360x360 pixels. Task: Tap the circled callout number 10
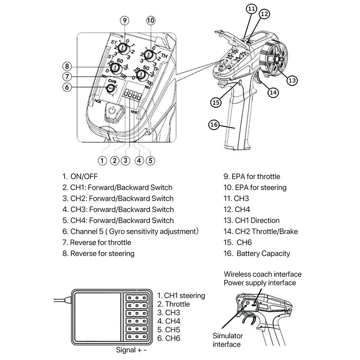pos(150,21)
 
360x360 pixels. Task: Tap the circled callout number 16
pos(214,125)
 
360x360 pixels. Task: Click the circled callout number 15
pos(216,102)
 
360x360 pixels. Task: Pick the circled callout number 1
pos(103,160)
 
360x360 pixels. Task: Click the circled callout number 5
pos(150,160)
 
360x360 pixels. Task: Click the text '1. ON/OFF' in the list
pos(80,176)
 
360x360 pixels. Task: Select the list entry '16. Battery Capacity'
pos(257,253)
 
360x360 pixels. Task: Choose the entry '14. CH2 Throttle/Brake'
pos(261,231)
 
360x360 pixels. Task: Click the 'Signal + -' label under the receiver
pos(132,350)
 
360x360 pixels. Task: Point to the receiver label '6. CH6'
pos(169,338)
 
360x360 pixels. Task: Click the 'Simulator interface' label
pos(228,340)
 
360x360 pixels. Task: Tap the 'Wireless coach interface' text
pos(262,274)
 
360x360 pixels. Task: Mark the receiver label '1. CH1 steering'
pos(181,296)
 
